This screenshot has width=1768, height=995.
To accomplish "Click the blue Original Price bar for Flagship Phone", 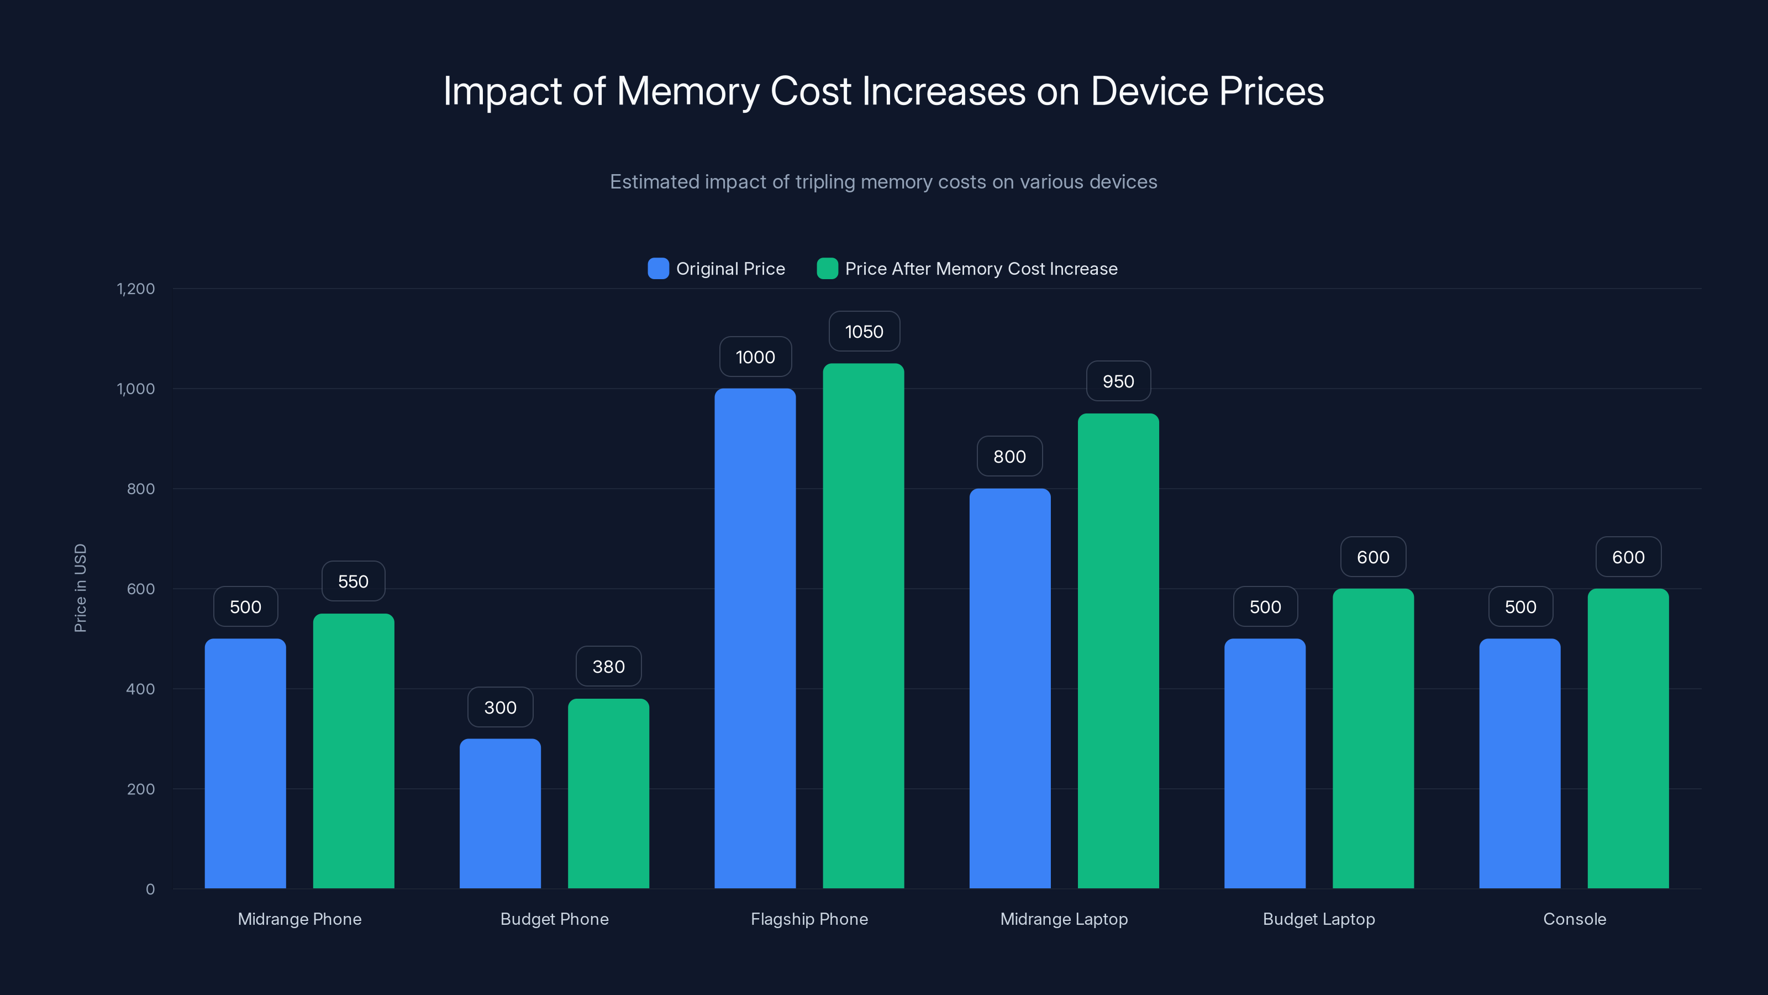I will click(x=755, y=638).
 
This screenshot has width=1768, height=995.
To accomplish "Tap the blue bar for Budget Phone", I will click(x=499, y=814).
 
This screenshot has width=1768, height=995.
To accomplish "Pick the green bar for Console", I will click(x=1628, y=738).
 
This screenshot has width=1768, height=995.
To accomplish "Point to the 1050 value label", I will click(x=864, y=332).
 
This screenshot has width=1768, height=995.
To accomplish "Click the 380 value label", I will click(x=608, y=666).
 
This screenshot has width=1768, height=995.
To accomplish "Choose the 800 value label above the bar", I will click(x=1009, y=457).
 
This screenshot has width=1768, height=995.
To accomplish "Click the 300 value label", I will click(x=499, y=708).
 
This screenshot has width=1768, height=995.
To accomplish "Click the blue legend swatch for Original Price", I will click(x=658, y=269).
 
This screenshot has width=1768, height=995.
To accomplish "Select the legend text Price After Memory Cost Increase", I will click(x=981, y=269).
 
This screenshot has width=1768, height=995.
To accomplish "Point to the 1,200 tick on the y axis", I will click(x=136, y=289).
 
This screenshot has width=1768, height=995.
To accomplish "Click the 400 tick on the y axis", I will click(x=141, y=689).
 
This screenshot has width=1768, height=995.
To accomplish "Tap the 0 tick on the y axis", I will click(x=150, y=889).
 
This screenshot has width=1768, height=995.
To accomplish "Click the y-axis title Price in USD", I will click(x=80, y=588).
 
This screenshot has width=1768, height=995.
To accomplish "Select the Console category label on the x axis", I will click(x=1575, y=919).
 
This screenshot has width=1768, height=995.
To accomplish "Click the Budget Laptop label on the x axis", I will click(x=1318, y=919).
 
